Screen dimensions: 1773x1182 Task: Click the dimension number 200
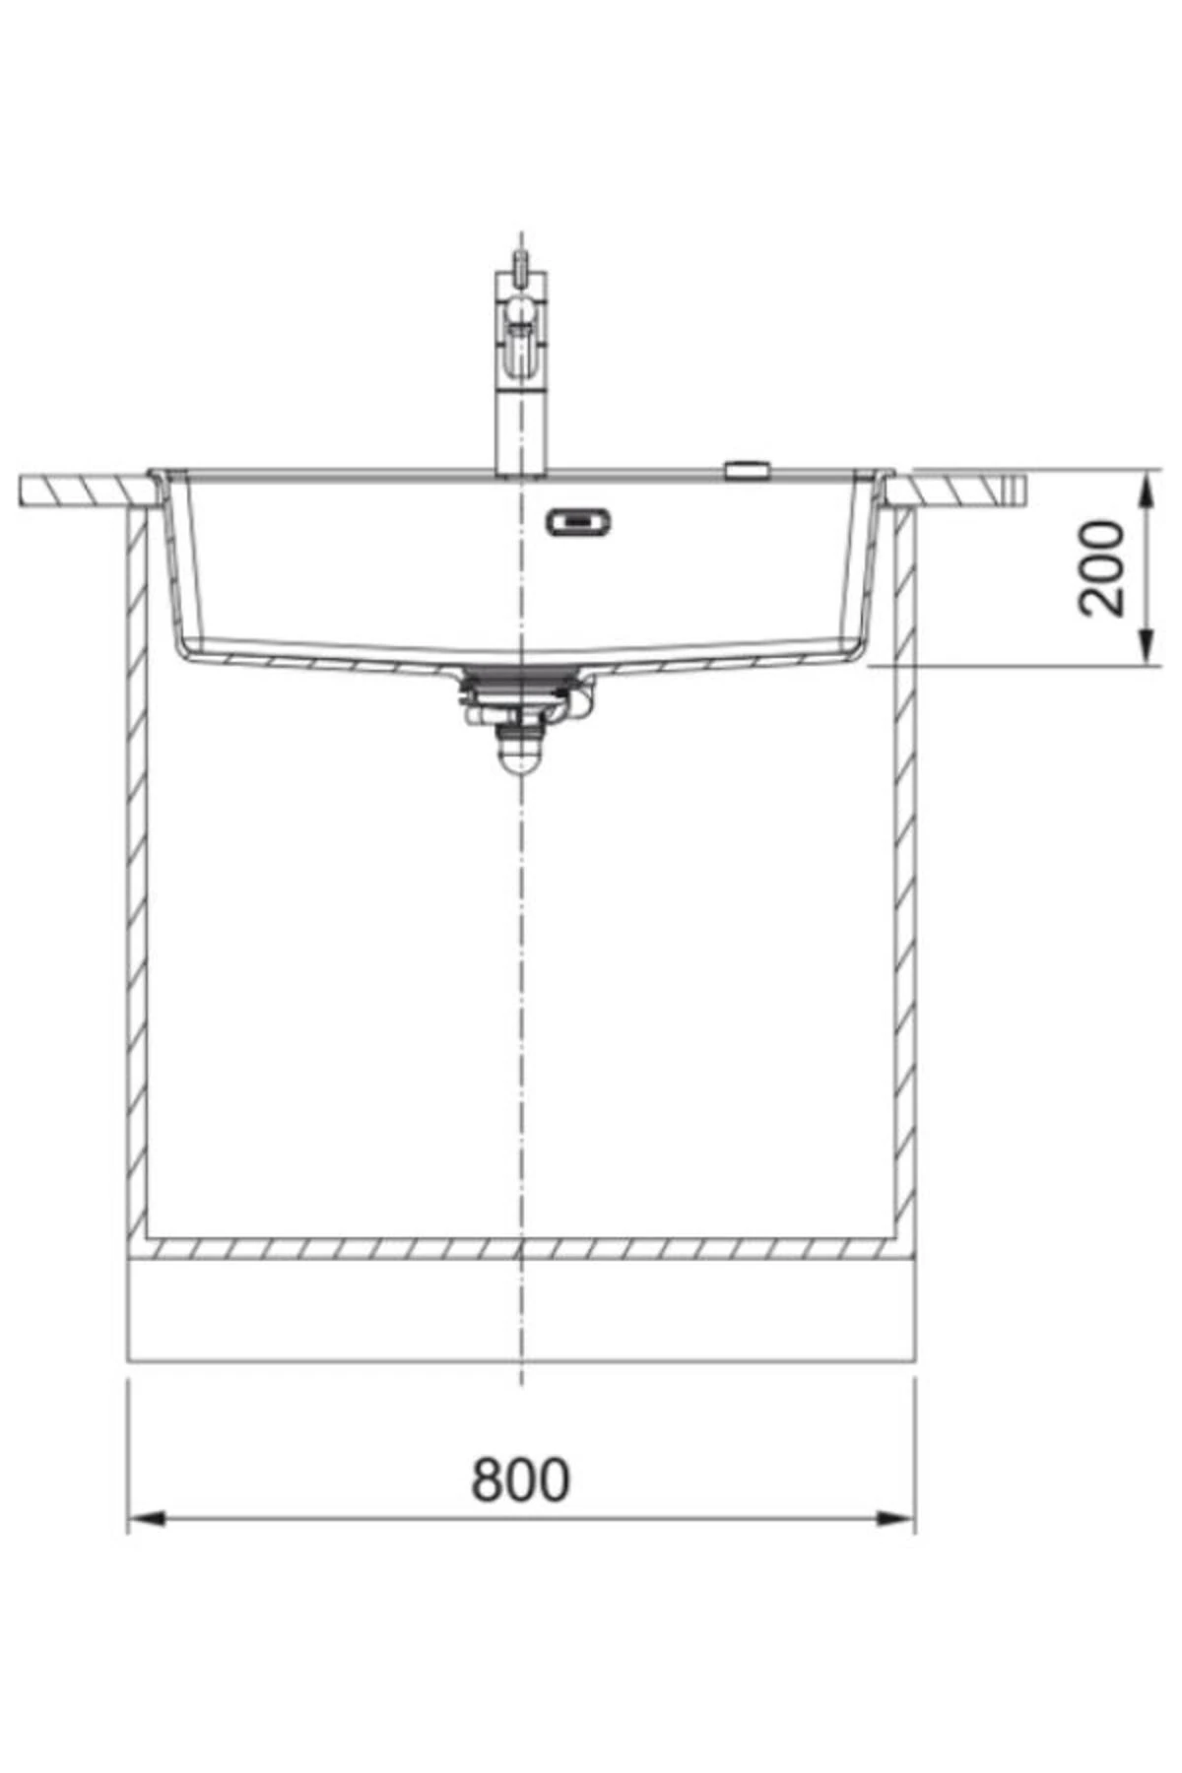tap(1101, 569)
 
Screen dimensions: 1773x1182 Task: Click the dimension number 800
tap(520, 1479)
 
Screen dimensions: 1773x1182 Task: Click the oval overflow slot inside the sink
tap(579, 521)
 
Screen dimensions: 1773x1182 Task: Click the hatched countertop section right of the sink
tap(960, 490)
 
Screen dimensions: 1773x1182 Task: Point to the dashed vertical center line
tap(521, 985)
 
